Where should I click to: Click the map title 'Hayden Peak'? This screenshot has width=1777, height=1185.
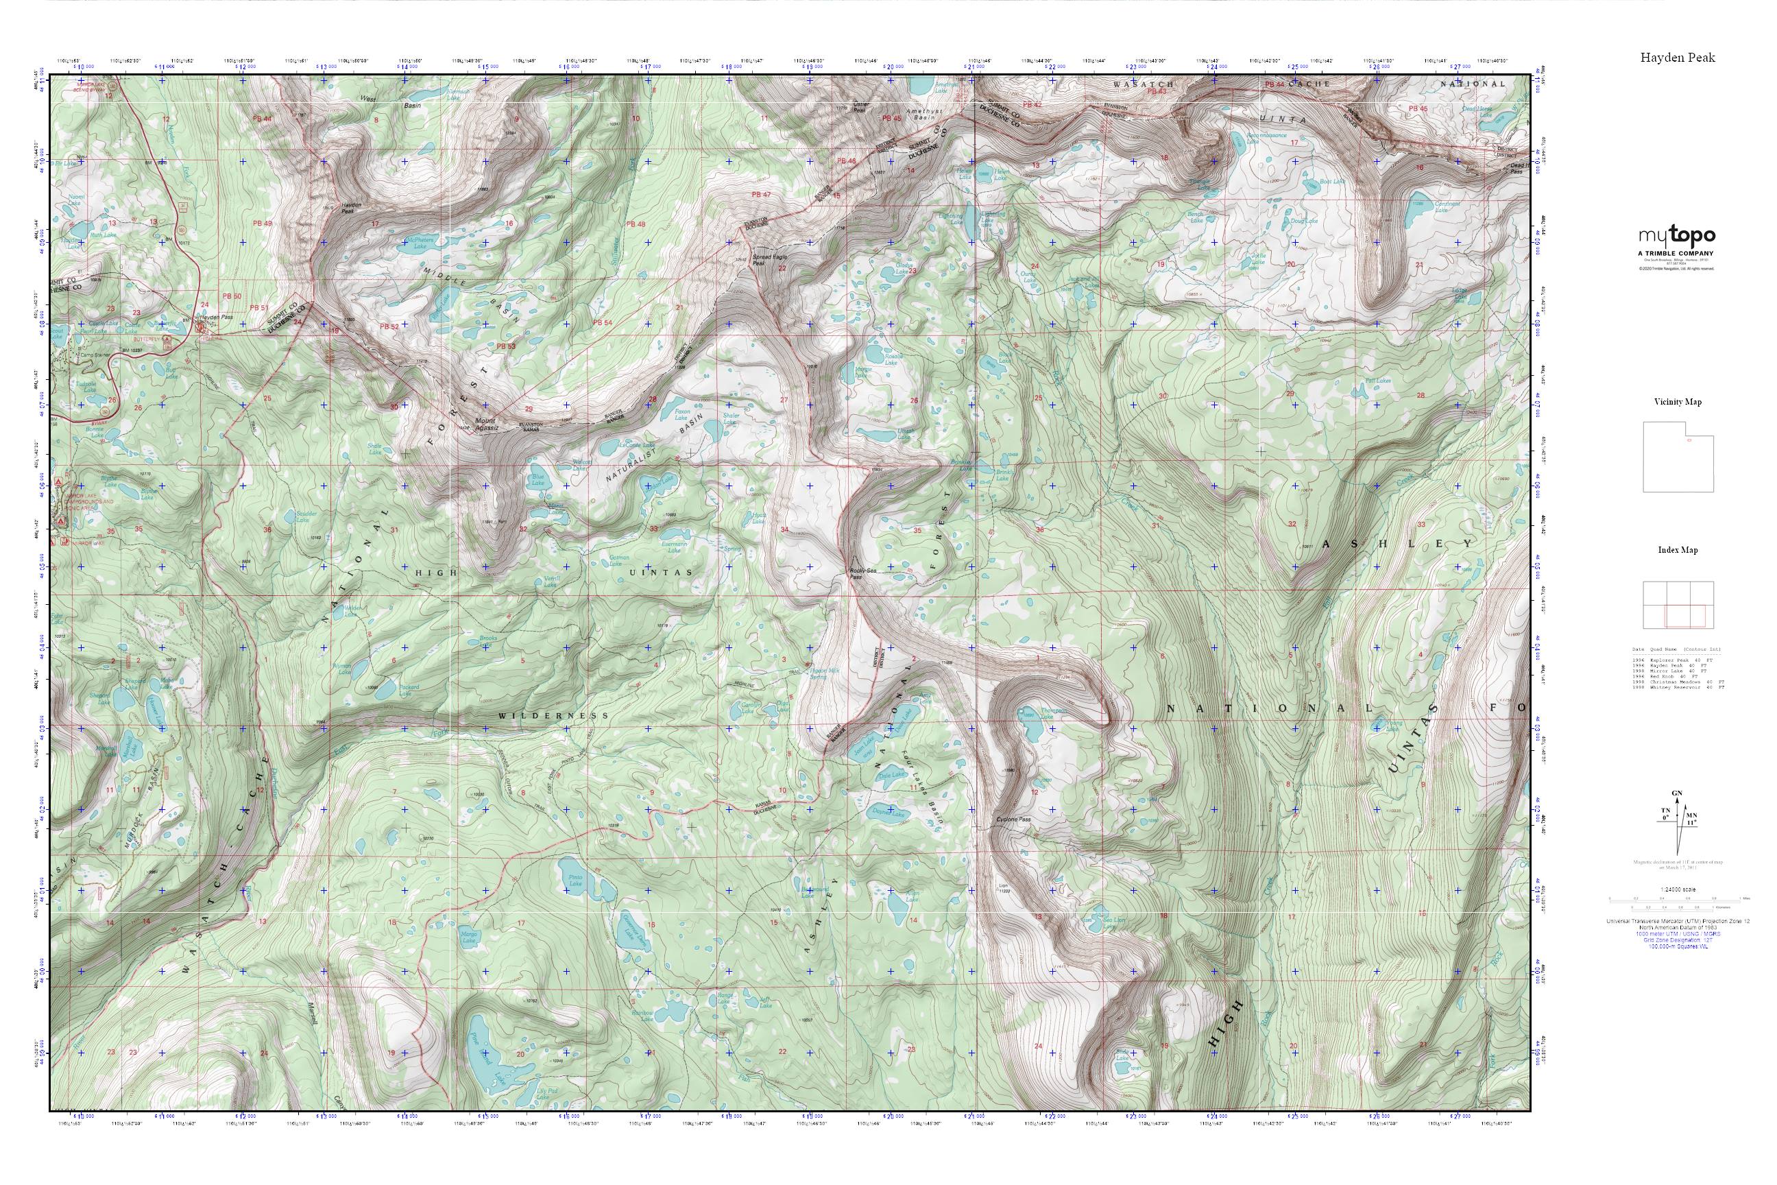1678,58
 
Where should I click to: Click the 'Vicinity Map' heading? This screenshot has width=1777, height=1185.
1678,402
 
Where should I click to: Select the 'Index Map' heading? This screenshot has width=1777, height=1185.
1678,550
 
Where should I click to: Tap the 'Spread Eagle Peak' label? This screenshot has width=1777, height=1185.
769,260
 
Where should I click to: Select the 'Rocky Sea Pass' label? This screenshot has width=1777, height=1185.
856,573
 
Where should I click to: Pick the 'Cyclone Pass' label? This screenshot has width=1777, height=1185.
1014,820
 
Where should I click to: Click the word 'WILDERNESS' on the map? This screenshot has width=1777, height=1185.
553,715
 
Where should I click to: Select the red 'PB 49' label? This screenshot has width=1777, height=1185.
263,224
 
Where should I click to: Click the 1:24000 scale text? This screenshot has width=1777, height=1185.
1678,889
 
